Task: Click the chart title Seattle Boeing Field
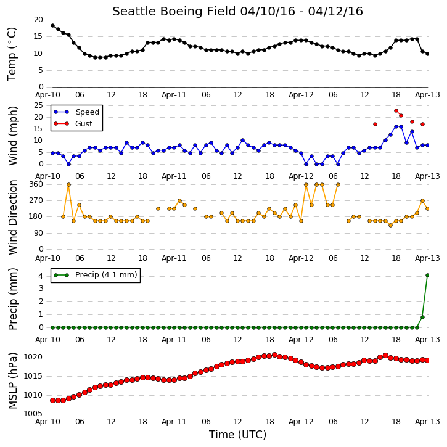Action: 174,12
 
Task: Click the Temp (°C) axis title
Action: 12,54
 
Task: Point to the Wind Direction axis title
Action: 13,217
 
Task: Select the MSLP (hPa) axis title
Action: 13,380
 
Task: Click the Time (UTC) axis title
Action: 237,435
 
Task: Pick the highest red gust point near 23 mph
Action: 396,110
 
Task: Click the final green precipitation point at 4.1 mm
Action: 428,275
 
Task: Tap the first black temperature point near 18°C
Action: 53,26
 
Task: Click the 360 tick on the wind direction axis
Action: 36,184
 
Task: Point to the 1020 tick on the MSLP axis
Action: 33,357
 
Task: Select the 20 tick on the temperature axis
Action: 38,20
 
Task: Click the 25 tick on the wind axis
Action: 38,105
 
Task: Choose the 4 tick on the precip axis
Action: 41,276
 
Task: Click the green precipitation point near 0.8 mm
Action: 422,317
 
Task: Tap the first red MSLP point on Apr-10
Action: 53,400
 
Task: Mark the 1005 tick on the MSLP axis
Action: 33,414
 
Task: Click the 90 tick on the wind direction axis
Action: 38,233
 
